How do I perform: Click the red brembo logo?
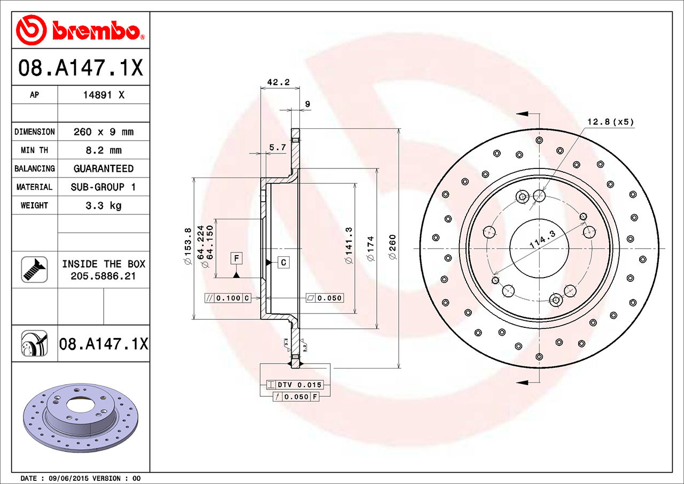pos(80,30)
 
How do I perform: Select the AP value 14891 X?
pos(104,95)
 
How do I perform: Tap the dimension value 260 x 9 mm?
pos(104,132)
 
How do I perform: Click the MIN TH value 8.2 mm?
pos(104,150)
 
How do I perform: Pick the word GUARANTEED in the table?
pos(104,168)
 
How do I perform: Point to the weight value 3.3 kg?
pos(104,205)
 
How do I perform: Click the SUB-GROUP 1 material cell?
pos(103,187)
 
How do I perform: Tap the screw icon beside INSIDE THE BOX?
pos(34,270)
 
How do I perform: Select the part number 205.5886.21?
pos(103,276)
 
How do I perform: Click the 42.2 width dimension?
pos(278,82)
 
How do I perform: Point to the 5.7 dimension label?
pos(277,147)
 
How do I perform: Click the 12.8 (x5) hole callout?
pos(611,121)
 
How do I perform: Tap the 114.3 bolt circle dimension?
pos(542,239)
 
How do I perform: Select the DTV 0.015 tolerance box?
pos(294,385)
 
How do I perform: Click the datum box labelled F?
pos(236,258)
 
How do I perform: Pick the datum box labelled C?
pos(283,262)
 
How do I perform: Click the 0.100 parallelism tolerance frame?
pos(228,298)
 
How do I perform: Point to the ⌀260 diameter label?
pos(392,247)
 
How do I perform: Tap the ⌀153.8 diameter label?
pos(188,246)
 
